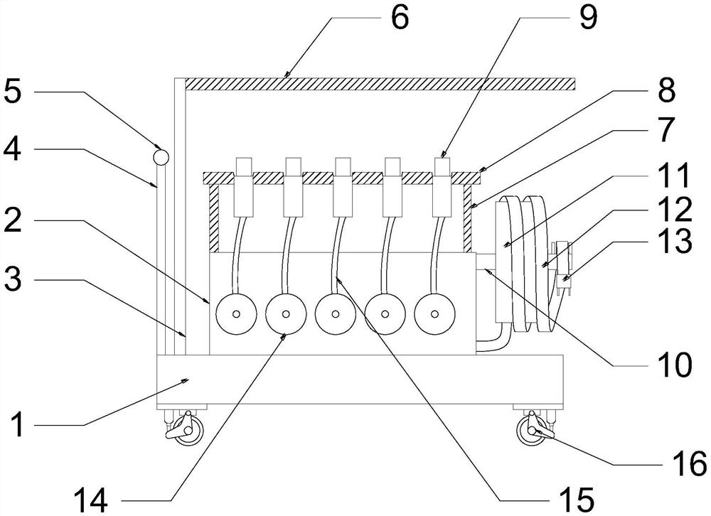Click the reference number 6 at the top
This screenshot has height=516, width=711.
pos(400,18)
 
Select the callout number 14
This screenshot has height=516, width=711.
pos(91,500)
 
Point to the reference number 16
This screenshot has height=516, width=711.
pos(690,463)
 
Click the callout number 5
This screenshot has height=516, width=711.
pos(13,92)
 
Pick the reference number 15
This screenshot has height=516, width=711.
pos(577,500)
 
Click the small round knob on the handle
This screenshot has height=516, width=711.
pos(161,157)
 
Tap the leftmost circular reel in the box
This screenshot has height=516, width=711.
pos(236,313)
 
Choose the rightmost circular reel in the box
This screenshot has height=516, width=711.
pos(434,313)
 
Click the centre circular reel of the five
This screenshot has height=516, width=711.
pos(335,313)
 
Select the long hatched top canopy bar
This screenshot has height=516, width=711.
pos(380,84)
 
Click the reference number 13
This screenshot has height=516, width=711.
pos(675,240)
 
